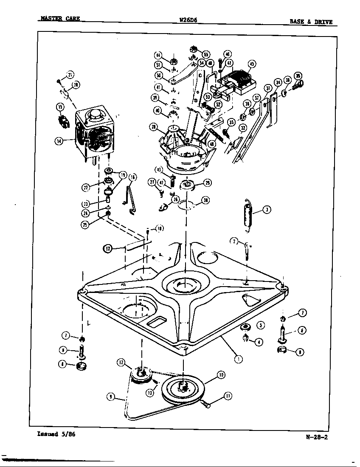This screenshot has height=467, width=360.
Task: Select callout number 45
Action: tap(252, 64)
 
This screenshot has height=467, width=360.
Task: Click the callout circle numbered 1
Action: tap(239, 358)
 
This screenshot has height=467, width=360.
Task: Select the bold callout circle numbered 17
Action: tap(109, 249)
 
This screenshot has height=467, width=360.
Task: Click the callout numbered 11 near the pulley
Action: tap(228, 396)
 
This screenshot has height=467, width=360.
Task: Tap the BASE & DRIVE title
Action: tap(311, 22)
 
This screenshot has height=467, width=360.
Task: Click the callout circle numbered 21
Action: tap(70, 76)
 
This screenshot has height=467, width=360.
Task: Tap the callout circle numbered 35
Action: tap(298, 76)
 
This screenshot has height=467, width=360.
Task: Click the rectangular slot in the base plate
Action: tap(157, 321)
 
